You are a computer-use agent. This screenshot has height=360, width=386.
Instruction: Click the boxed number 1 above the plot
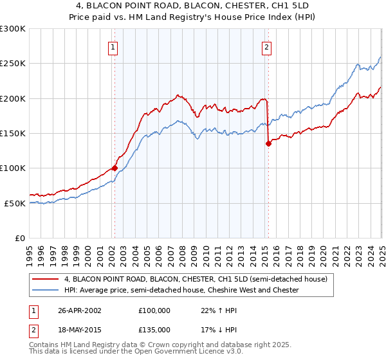[113, 46]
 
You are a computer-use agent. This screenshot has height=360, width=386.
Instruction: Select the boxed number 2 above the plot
[266, 46]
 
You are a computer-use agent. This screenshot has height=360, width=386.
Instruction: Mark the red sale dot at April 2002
[115, 168]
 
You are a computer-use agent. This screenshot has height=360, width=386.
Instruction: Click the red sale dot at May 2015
[268, 144]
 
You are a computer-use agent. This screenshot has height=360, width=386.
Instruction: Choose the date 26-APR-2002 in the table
[80, 310]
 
